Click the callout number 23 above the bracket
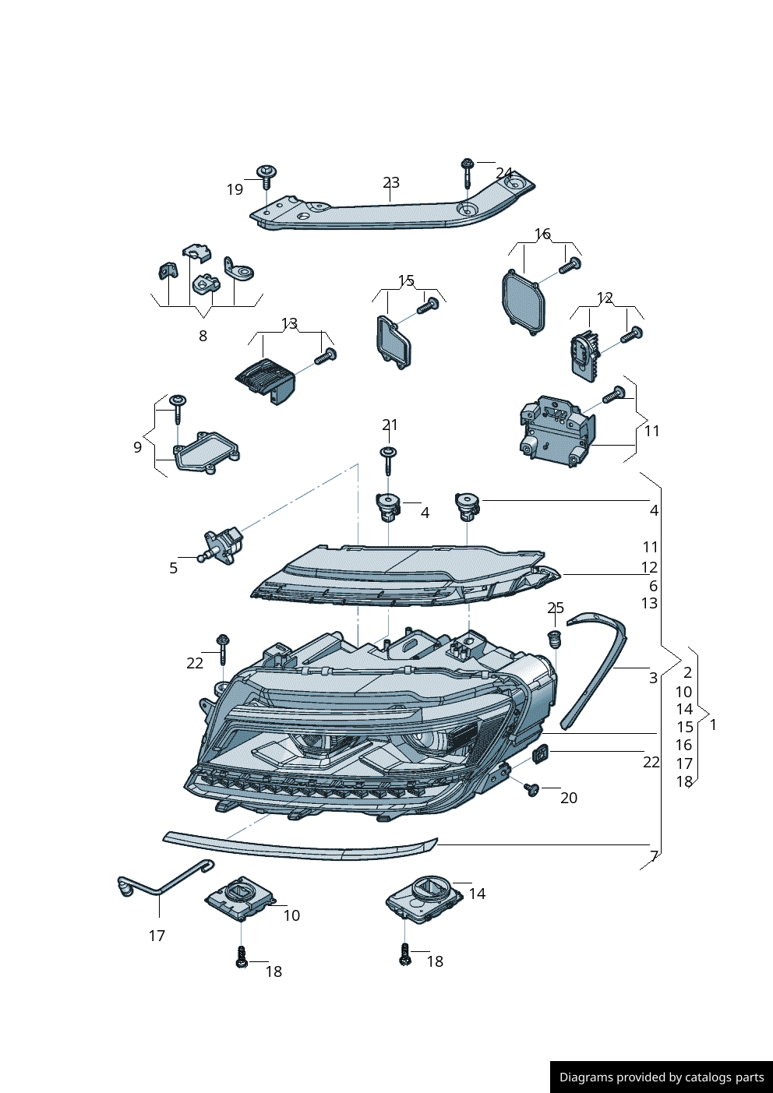coord(391,182)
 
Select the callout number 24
coord(504,174)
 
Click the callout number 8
coord(203,336)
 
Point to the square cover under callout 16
coord(522,301)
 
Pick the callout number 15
coord(406,280)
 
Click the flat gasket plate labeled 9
coord(206,452)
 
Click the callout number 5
coord(173,568)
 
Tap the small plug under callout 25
coord(555,640)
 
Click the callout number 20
coord(569,798)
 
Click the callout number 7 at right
coord(654,855)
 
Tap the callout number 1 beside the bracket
coord(712,724)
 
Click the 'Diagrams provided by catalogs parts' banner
coord(661,1077)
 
